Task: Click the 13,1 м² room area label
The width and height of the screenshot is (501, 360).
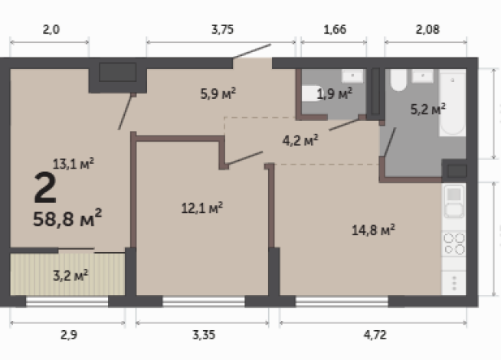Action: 74,164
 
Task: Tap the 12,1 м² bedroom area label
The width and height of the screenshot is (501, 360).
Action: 202,208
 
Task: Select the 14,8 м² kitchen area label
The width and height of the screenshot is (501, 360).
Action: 373,230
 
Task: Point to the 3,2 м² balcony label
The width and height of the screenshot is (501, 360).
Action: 70,275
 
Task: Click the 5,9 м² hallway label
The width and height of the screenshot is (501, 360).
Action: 218,93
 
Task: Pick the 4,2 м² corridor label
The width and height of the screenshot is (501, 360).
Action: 300,140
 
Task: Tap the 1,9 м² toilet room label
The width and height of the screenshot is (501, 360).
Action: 335,94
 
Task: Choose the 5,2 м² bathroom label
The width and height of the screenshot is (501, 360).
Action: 428,110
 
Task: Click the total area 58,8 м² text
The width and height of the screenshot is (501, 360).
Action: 67,218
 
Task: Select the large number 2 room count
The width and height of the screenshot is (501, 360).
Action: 45,187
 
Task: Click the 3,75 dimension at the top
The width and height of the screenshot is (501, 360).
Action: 222,29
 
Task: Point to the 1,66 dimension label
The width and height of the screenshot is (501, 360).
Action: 335,29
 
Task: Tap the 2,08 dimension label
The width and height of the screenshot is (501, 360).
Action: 427,29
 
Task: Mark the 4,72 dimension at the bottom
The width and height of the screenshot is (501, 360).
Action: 375,335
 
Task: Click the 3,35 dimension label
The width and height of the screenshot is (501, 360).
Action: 204,335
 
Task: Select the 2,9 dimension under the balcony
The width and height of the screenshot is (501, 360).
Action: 69,335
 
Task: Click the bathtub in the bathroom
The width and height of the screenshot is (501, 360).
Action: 453,103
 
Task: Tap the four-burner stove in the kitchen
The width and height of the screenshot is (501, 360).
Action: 454,244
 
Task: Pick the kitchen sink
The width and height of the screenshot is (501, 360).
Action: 454,201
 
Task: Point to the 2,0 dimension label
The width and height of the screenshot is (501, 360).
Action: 51,29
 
